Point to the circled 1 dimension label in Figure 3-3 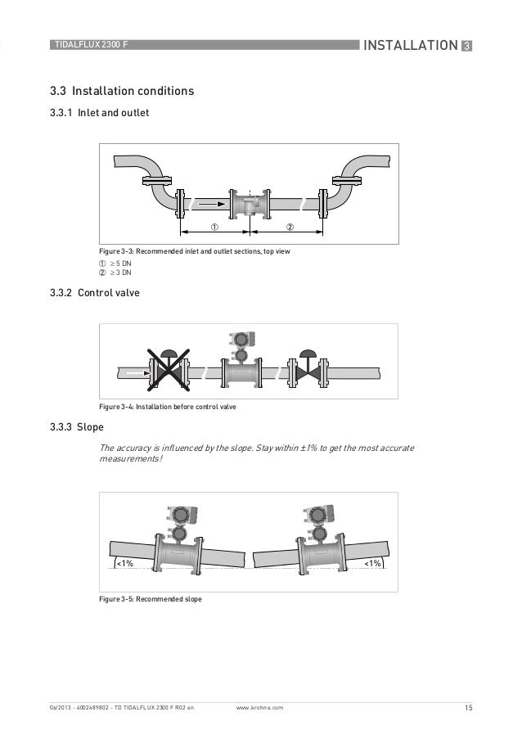click(214, 227)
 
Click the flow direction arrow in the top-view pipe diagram click(211, 201)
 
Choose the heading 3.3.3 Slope click(78, 427)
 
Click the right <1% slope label click(372, 563)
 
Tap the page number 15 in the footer click(467, 705)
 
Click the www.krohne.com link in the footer click(259, 705)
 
